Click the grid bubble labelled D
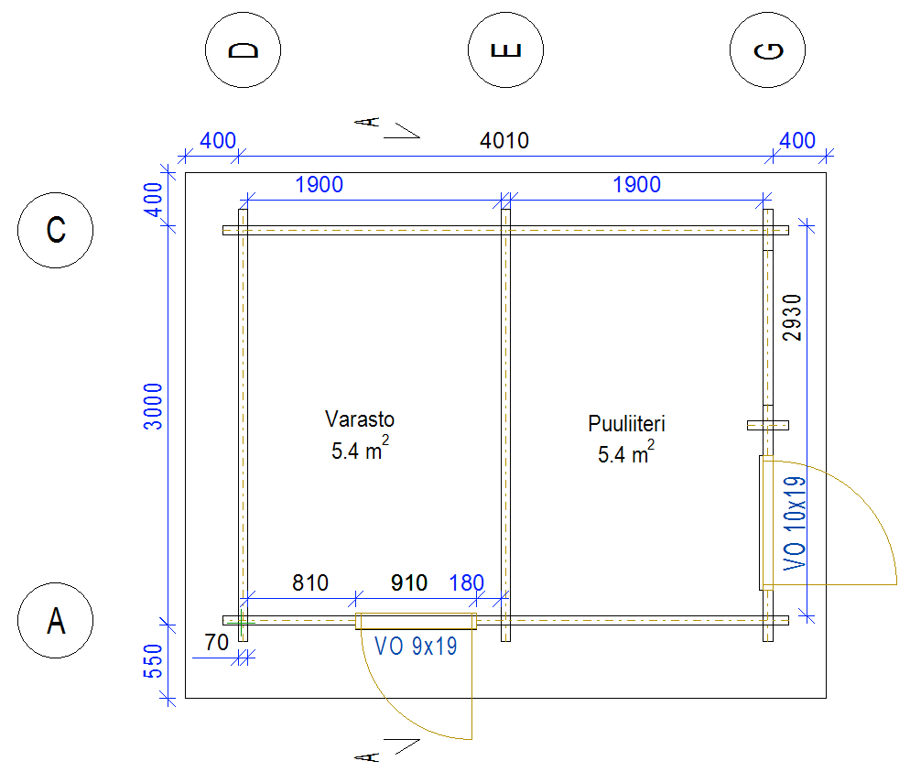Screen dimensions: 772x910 pos(243,50)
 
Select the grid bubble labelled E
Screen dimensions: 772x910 pos(505,50)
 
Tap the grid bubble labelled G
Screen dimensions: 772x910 pos(768,50)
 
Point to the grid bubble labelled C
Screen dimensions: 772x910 pos(56,230)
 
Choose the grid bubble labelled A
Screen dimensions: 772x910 pos(56,621)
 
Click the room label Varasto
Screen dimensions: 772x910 pos(360,419)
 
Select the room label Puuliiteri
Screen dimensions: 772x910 pos(626,424)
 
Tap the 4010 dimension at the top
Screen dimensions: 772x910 pos(504,141)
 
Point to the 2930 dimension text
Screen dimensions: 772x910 pos(794,318)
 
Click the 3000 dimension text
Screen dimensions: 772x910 pos(153,407)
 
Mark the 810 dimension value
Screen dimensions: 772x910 pos(310,582)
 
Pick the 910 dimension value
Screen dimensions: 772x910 pos(408,582)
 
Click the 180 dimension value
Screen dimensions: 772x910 pos(466,582)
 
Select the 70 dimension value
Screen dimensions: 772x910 pos(216,643)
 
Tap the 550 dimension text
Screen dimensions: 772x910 pos(153,660)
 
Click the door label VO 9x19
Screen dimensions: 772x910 pos(416,645)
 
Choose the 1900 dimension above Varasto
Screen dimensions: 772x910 pos(319,185)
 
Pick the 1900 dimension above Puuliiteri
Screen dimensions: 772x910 pos(636,185)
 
